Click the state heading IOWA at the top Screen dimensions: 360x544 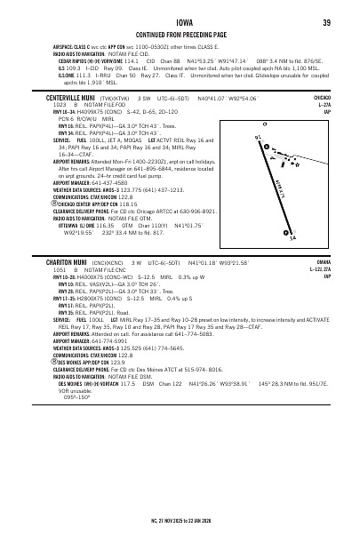click(x=180, y=22)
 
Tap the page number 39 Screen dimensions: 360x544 click(x=326, y=22)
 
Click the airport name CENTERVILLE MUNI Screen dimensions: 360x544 click(x=55, y=122)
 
